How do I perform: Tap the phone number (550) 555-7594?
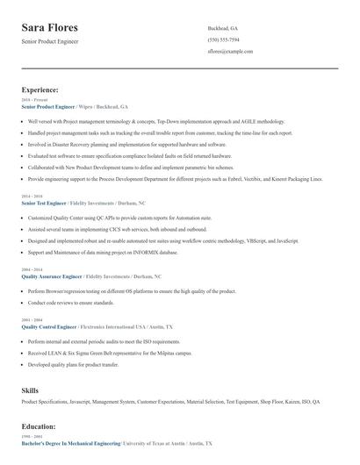(x=224, y=39)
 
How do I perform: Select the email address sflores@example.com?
(x=230, y=52)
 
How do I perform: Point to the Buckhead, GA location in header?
(x=223, y=28)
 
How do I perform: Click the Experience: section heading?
(x=40, y=89)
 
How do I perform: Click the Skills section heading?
(x=30, y=389)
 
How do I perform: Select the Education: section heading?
(x=39, y=426)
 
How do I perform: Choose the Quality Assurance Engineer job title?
(x=54, y=275)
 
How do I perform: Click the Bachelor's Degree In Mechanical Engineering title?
(x=70, y=445)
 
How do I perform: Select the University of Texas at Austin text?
(x=159, y=445)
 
